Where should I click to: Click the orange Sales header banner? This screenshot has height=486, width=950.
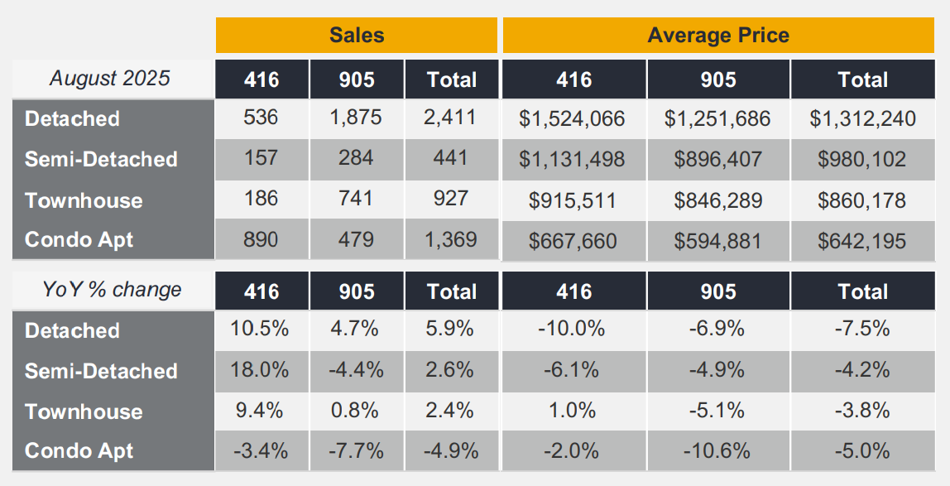pyautogui.click(x=357, y=35)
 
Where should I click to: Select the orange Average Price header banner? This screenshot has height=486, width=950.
pyautogui.click(x=717, y=35)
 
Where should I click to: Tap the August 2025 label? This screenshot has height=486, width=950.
pyautogui.click(x=110, y=79)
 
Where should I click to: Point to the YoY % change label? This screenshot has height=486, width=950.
pyautogui.click(x=112, y=290)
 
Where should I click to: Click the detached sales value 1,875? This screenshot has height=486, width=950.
pyautogui.click(x=356, y=118)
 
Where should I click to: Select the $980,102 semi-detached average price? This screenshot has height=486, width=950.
pyautogui.click(x=861, y=159)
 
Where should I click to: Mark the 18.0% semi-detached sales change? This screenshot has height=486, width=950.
pyautogui.click(x=261, y=370)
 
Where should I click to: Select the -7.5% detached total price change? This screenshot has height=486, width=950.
pyautogui.click(x=861, y=330)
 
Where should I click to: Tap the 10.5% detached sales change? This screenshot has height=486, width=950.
pyautogui.click(x=261, y=330)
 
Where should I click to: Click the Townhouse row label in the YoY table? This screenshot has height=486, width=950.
pyautogui.click(x=84, y=411)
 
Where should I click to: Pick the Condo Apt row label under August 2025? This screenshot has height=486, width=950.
pyautogui.click(x=79, y=240)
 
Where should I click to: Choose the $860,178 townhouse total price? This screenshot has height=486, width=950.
pyautogui.click(x=861, y=200)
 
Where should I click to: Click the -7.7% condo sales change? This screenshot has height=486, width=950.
pyautogui.click(x=356, y=450)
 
